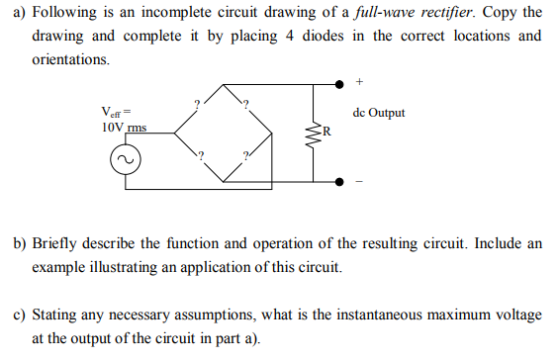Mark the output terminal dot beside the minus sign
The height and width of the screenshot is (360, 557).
tap(340, 182)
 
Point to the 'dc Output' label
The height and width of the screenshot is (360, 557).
tap(378, 113)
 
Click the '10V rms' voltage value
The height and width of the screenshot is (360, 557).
tap(124, 129)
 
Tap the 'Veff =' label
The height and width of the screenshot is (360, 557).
tap(116, 112)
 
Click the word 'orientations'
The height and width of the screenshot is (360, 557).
tap(70, 59)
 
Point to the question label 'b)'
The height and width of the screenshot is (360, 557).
tap(20, 242)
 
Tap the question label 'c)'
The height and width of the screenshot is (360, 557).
tap(20, 315)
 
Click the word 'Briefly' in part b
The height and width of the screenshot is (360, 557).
tap(55, 242)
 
